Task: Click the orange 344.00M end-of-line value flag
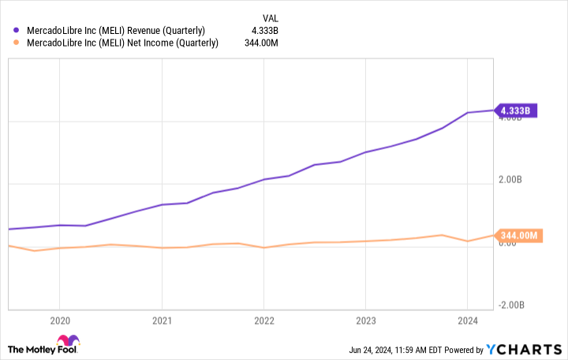519,235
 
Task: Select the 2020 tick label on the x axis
59,321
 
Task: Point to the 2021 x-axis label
162,321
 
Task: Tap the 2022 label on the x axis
263,321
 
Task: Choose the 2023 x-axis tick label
365,321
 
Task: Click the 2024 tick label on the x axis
468,321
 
